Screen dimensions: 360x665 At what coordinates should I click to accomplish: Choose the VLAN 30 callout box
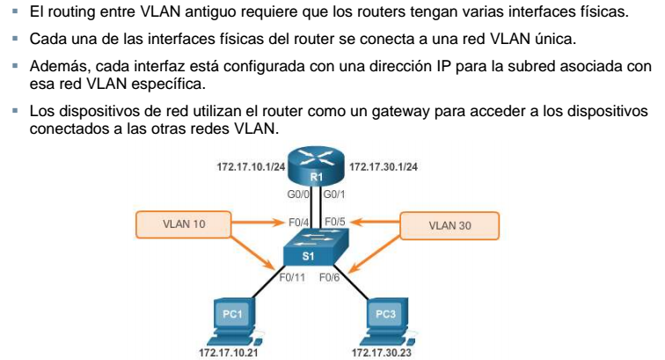coord(449,225)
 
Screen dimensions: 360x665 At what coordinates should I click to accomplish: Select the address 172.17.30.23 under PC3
coord(384,350)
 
